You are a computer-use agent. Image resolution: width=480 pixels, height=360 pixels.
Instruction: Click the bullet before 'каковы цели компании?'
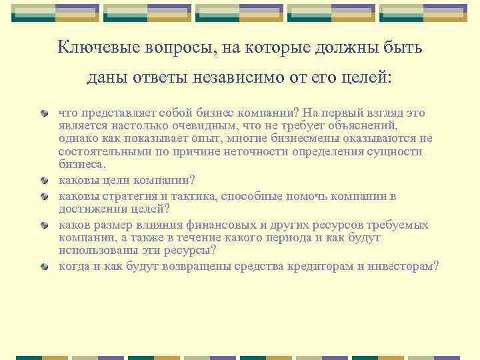44,180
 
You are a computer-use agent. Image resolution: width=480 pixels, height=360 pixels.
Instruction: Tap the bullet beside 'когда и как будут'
44,267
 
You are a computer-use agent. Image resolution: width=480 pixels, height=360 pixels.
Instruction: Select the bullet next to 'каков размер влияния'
44,225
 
